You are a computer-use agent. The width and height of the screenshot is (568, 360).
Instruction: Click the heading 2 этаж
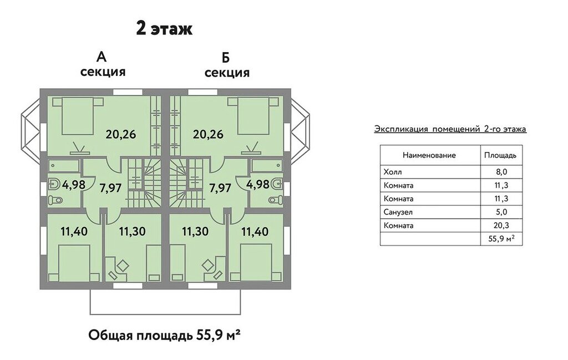click(x=164, y=29)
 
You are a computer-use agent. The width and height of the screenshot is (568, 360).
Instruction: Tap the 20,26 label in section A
click(x=121, y=134)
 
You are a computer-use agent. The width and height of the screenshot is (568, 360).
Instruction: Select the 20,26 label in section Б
click(x=209, y=134)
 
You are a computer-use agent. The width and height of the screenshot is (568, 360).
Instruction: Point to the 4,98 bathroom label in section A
click(x=74, y=184)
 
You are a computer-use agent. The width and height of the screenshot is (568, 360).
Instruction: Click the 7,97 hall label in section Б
click(x=220, y=189)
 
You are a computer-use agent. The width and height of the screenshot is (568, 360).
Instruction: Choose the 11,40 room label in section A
click(x=74, y=231)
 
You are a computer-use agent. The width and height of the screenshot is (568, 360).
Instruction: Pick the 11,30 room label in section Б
click(x=195, y=231)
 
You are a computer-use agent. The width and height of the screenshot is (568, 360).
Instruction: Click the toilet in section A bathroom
click(x=55, y=200)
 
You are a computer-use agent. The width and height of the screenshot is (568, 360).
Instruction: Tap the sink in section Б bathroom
click(x=277, y=184)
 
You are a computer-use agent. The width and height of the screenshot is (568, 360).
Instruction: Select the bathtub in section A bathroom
click(x=63, y=165)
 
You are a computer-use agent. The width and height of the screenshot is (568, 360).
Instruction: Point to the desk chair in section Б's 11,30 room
click(x=209, y=265)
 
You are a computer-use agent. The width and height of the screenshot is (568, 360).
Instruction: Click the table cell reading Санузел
click(x=398, y=212)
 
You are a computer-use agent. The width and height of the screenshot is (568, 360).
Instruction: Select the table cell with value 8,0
click(x=501, y=171)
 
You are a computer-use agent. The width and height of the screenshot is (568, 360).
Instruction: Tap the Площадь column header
click(x=500, y=155)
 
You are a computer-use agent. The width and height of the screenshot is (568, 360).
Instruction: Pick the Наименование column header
click(x=429, y=155)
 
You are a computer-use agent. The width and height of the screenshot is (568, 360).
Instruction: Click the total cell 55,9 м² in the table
click(x=501, y=239)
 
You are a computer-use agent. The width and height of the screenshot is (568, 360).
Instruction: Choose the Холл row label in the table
click(x=393, y=171)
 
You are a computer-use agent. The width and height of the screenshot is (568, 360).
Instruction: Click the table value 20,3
click(x=501, y=225)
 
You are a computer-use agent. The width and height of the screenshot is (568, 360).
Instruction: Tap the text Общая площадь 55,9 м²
click(x=165, y=335)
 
